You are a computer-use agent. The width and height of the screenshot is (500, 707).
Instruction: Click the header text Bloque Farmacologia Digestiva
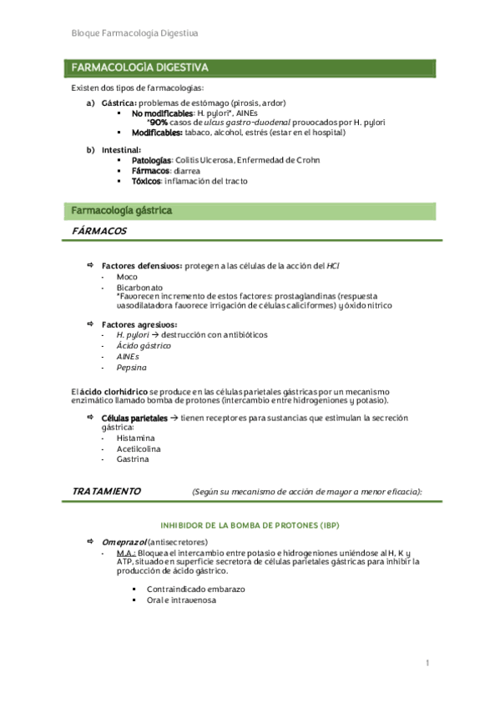click(135, 33)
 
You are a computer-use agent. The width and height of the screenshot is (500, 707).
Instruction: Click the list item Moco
click(127, 276)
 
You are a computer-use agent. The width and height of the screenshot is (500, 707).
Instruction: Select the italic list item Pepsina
click(131, 366)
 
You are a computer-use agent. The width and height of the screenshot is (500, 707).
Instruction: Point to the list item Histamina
click(135, 438)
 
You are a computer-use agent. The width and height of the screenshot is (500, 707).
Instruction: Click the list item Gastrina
click(133, 458)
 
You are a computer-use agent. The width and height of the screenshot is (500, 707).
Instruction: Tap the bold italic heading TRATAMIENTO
click(106, 491)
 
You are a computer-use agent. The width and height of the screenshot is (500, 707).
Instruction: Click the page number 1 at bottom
click(427, 663)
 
